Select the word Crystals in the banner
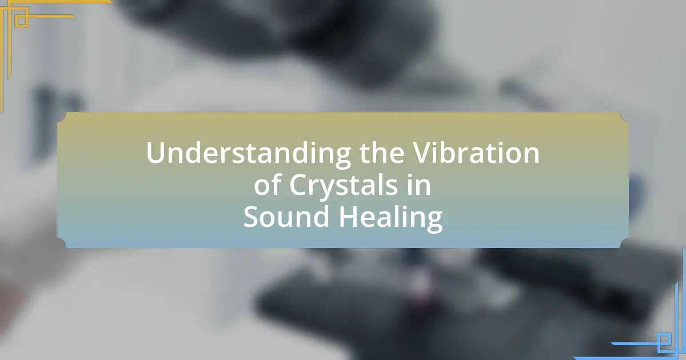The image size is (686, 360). [343, 186]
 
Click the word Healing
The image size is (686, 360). [390, 218]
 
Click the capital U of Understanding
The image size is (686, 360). [157, 153]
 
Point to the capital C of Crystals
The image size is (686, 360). [298, 185]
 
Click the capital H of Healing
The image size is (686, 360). [349, 217]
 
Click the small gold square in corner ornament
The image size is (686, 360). [22, 21]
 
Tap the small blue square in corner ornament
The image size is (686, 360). [664, 339]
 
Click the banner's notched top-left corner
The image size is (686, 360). [62, 117]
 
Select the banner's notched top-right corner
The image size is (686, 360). [624, 117]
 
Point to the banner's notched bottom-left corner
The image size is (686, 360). [62, 243]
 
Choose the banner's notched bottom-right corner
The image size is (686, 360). [624, 243]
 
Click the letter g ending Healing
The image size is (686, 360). [434, 222]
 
